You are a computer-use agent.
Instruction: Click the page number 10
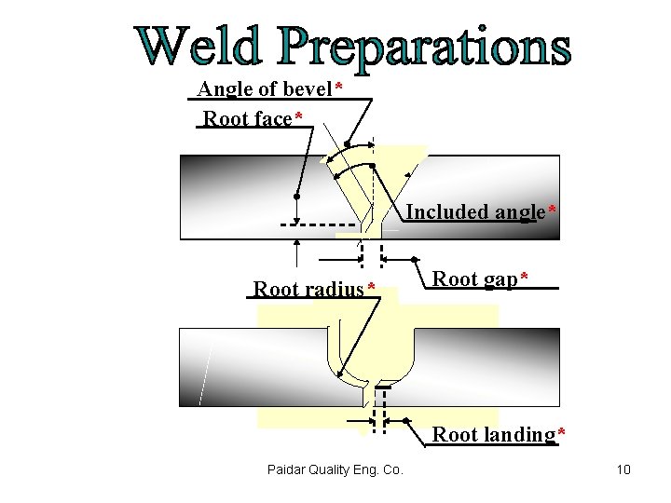tap(623, 469)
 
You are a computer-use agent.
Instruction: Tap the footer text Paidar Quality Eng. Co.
tap(333, 469)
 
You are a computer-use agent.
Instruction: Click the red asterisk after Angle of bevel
tap(339, 88)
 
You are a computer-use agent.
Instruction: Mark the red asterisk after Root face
tap(298, 116)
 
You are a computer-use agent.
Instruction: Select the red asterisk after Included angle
tap(553, 211)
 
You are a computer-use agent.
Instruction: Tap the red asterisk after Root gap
tap(525, 278)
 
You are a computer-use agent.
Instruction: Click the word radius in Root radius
tap(333, 289)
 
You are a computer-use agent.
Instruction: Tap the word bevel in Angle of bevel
tap(307, 89)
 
